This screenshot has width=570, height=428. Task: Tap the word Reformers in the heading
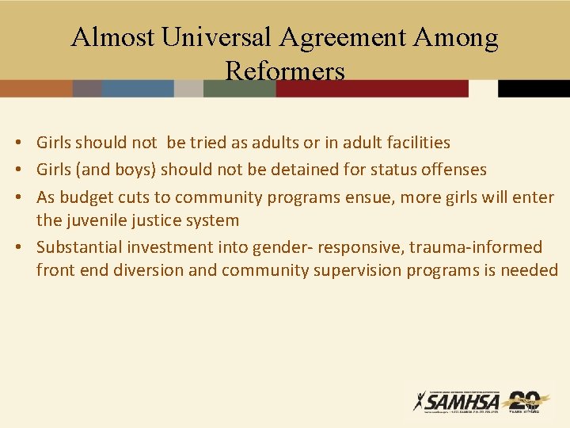click(x=285, y=71)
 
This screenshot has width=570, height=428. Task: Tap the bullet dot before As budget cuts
click(x=17, y=197)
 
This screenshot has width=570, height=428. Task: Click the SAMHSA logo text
click(x=461, y=401)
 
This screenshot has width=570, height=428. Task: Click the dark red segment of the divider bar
click(x=372, y=88)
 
